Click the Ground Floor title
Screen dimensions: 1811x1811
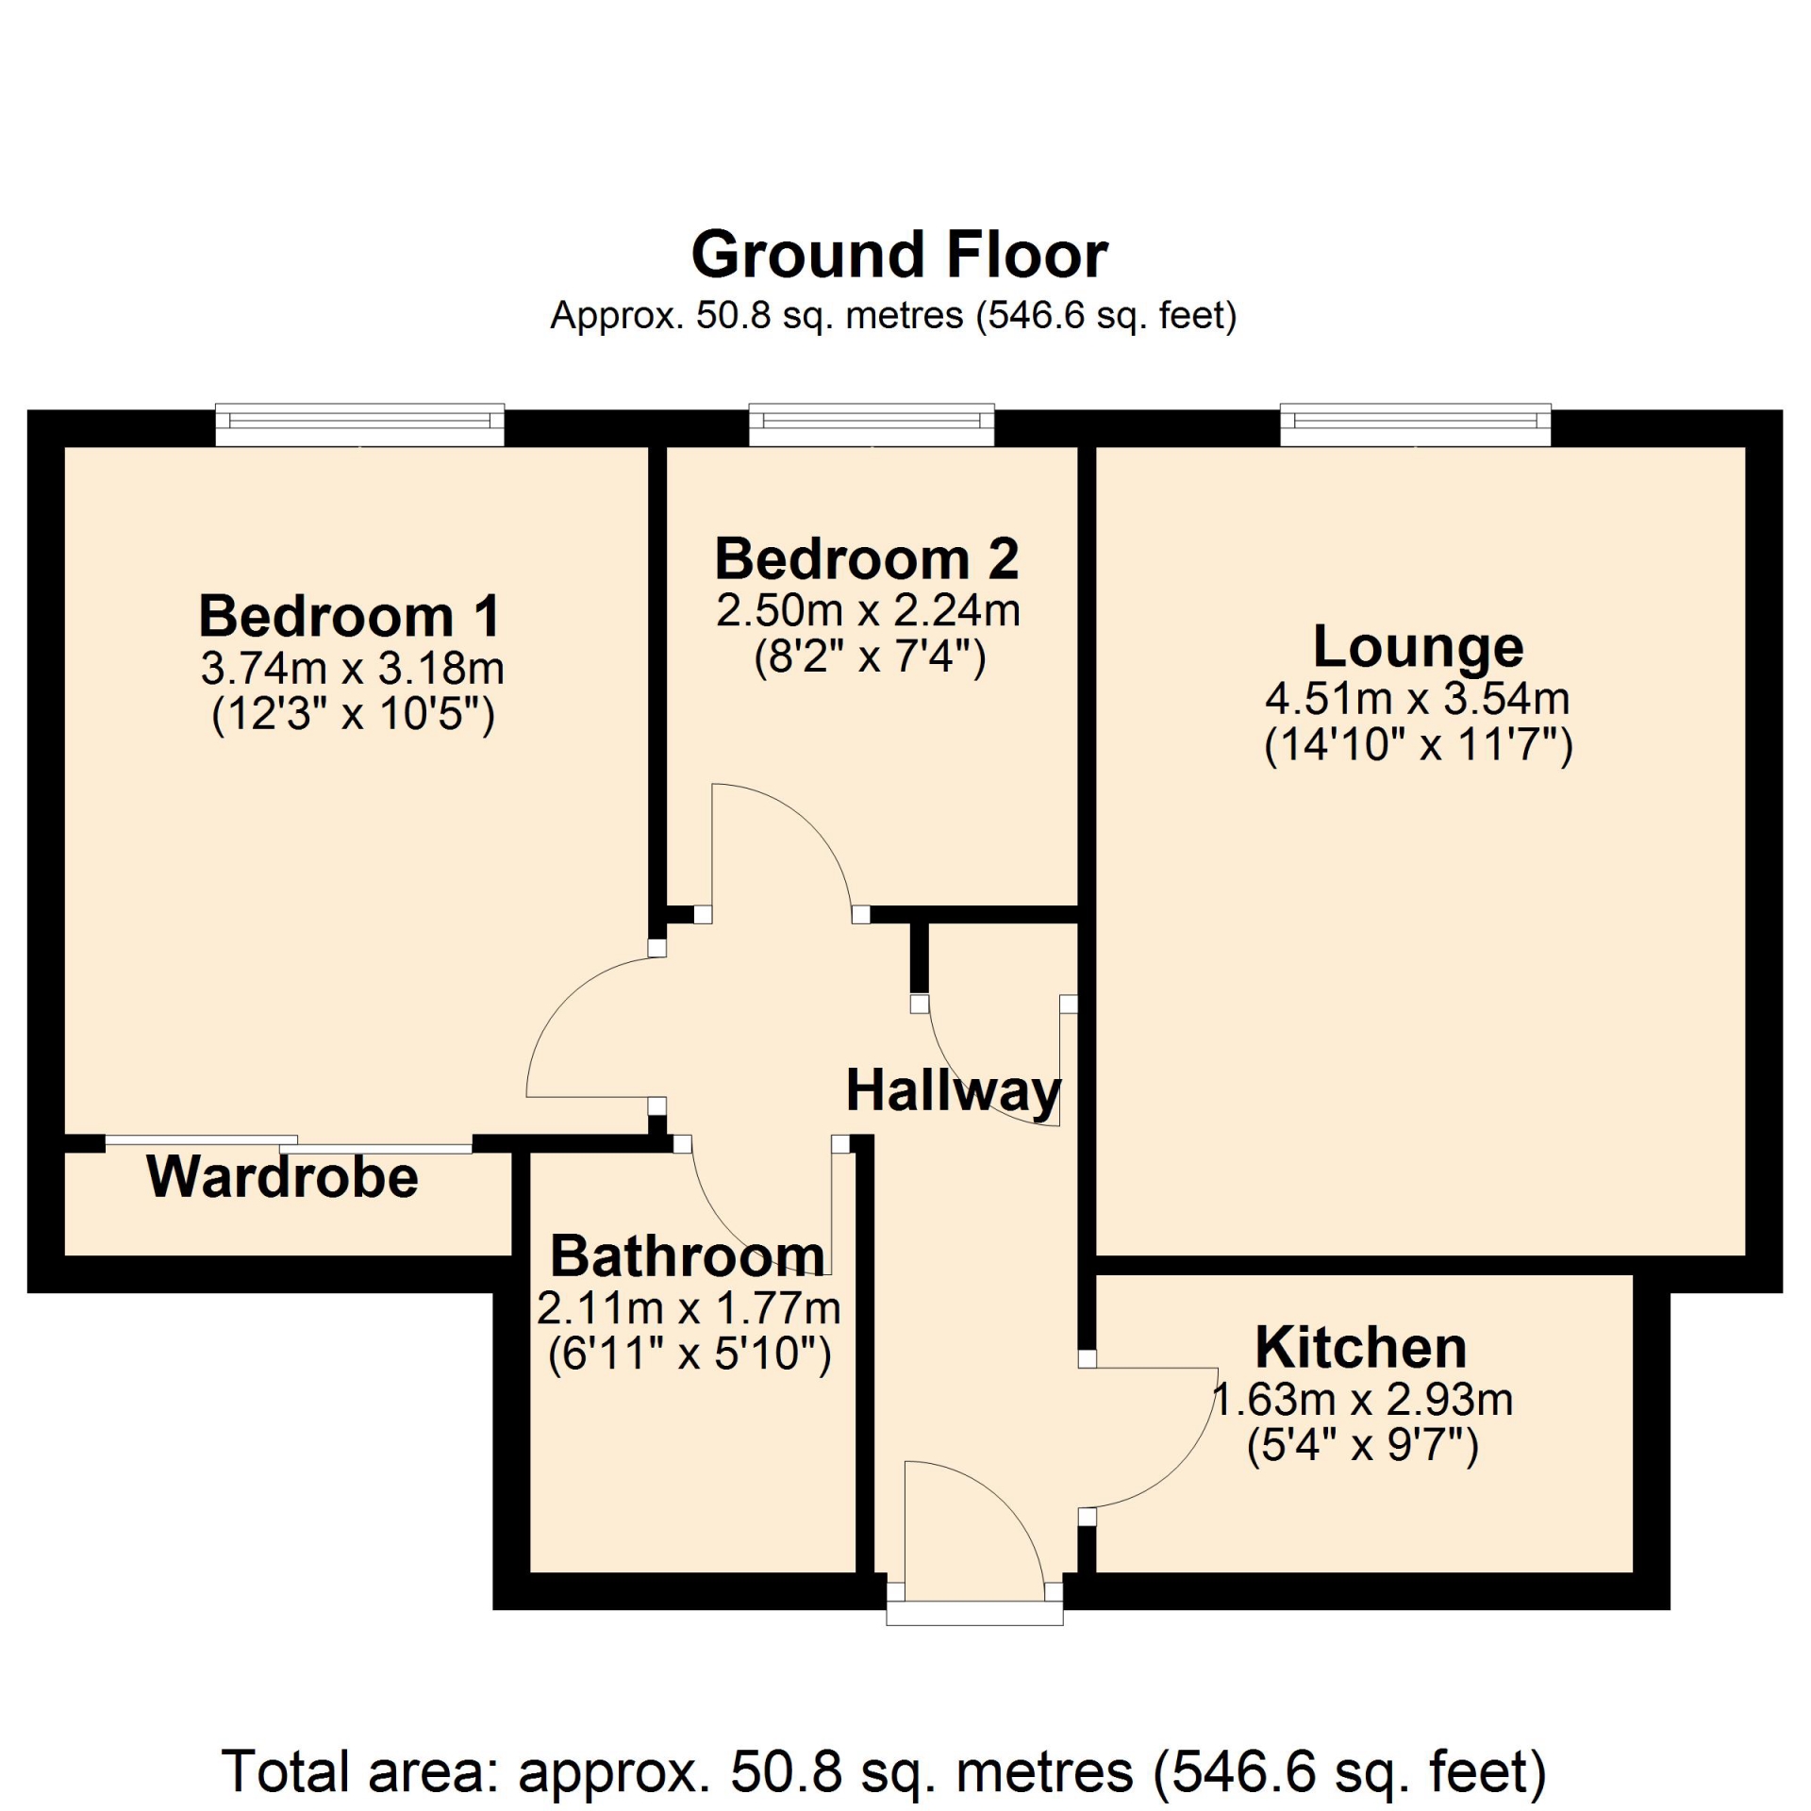[x=900, y=255]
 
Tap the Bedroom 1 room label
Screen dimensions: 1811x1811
[x=349, y=616]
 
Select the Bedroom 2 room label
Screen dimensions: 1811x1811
[x=867, y=558]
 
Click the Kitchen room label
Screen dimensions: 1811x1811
[x=1360, y=1348]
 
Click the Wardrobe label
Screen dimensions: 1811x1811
[x=282, y=1177]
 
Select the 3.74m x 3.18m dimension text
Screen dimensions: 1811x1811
[x=353, y=669]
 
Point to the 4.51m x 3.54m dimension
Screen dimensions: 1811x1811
[x=1418, y=699]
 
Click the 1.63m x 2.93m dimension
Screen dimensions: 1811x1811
[x=1362, y=1400]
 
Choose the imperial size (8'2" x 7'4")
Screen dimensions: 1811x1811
[x=870, y=657]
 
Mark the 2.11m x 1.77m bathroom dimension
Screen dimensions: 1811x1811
[x=690, y=1308]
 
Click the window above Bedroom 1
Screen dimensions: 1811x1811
[x=360, y=425]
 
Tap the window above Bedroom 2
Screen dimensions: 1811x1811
[x=872, y=425]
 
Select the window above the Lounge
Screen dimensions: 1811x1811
[x=1415, y=425]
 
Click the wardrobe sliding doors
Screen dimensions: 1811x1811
[x=289, y=1144]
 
